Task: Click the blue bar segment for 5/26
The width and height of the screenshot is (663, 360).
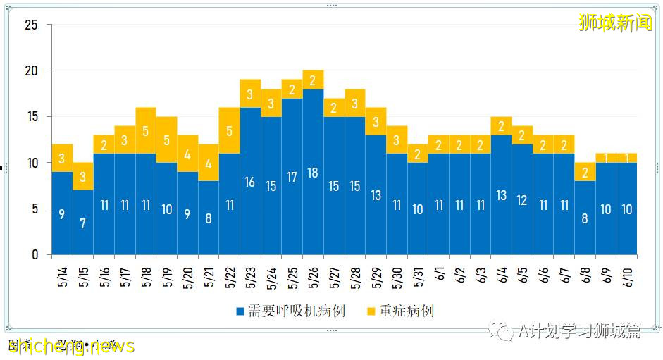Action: tap(313, 172)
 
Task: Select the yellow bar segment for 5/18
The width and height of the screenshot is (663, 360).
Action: tap(146, 130)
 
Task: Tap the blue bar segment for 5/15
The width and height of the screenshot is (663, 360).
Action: tap(83, 222)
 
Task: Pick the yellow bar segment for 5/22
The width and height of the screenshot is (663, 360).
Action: tap(230, 130)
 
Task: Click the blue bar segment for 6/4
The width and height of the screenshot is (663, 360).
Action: tap(501, 195)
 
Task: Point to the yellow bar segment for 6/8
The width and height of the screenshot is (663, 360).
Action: tap(585, 172)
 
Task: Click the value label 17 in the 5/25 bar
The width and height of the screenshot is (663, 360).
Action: tap(292, 178)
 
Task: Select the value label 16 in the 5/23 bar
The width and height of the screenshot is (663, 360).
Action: tap(250, 182)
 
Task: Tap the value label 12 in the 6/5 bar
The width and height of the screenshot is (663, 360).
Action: tap(522, 200)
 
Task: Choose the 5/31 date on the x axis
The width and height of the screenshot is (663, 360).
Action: tap(419, 274)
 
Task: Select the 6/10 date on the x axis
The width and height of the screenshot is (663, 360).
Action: tap(627, 274)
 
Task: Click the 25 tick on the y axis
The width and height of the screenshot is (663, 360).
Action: tap(30, 25)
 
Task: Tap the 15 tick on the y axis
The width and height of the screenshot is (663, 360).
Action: tap(30, 117)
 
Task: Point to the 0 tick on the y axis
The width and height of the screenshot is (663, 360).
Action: tap(34, 255)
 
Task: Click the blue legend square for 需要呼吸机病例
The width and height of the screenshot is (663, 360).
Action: tap(240, 311)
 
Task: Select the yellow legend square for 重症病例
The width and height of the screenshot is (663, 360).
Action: tap(371, 311)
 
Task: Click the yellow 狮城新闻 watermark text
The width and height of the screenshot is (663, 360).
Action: tap(615, 23)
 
